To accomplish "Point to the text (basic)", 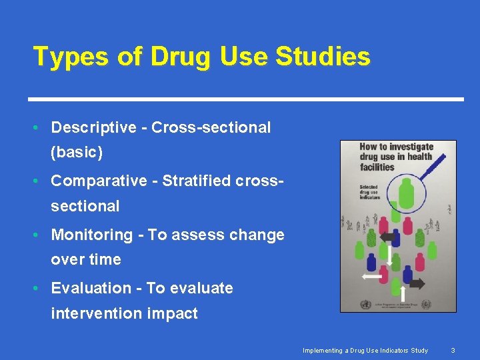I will pos(77,153).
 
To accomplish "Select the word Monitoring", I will pos(92,235).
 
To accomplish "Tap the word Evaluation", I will pos(90,288).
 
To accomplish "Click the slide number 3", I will pos(453,350).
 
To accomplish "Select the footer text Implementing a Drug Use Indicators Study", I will pos(365,350).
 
